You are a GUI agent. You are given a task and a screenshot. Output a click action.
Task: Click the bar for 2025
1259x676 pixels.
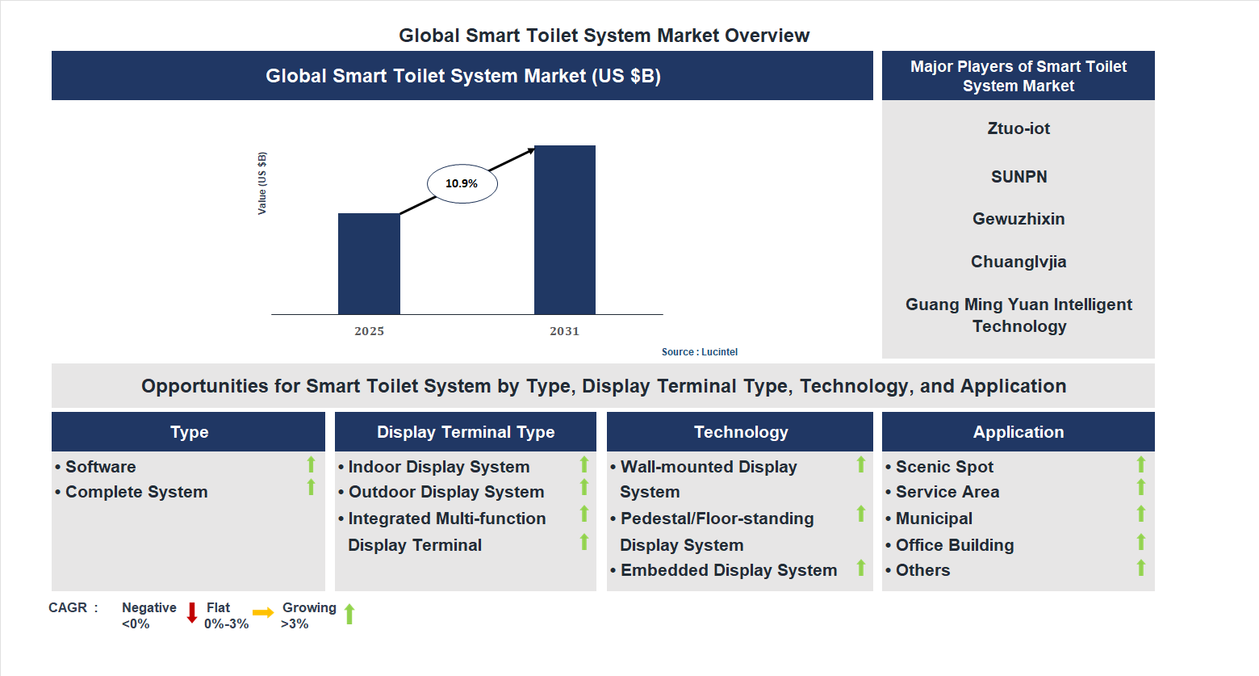click(x=369, y=263)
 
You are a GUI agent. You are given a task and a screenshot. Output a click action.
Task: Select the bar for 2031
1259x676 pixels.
click(x=564, y=229)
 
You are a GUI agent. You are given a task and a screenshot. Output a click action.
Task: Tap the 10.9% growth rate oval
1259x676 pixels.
click(x=462, y=183)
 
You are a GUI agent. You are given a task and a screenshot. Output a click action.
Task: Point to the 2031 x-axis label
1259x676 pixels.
click(x=564, y=331)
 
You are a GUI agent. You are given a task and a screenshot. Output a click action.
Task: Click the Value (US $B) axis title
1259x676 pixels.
click(x=261, y=183)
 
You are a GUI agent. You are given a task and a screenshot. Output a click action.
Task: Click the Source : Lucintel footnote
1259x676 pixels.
click(x=699, y=352)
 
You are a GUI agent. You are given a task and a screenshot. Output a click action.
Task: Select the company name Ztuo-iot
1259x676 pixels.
click(x=1018, y=128)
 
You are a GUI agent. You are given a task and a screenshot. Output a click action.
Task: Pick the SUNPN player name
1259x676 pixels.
click(x=1018, y=177)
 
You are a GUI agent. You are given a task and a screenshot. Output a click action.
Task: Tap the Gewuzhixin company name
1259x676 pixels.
click(x=1018, y=219)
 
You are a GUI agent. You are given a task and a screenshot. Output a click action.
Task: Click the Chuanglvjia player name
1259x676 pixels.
click(x=1018, y=262)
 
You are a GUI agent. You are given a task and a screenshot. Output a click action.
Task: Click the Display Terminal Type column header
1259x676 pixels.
click(x=466, y=432)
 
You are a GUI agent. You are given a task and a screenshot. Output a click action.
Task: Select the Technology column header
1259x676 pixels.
click(x=740, y=432)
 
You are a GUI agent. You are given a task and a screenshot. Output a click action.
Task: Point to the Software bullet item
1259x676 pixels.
click(x=100, y=467)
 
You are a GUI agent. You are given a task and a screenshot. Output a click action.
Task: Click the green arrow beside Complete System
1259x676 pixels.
click(x=311, y=487)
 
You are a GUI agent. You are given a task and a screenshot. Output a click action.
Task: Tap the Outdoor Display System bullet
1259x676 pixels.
click(x=445, y=492)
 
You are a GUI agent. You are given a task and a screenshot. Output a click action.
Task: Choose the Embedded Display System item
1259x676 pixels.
click(x=728, y=570)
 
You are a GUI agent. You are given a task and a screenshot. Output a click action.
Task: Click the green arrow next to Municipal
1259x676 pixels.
click(x=1140, y=514)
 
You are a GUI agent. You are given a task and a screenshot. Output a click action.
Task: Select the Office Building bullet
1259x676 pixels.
click(x=954, y=545)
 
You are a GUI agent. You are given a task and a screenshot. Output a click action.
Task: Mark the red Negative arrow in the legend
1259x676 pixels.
click(x=192, y=613)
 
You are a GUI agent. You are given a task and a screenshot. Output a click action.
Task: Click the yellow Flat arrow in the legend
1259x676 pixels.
click(x=263, y=613)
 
